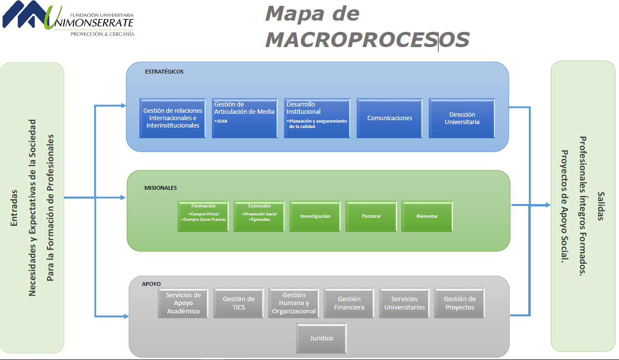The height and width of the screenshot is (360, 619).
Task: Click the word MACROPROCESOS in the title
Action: (x=367, y=40)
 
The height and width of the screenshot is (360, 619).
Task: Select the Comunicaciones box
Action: (x=389, y=118)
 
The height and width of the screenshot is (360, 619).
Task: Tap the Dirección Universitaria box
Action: (x=462, y=118)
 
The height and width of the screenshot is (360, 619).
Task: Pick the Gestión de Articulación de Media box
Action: (x=244, y=118)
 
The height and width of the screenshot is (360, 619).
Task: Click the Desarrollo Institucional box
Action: (x=317, y=118)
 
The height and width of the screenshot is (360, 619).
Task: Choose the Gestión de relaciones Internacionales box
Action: (x=173, y=118)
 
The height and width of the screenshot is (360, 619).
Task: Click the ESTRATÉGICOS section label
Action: (x=164, y=72)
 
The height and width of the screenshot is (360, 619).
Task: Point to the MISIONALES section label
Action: (x=160, y=188)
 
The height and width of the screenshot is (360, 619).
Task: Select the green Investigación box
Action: (x=315, y=216)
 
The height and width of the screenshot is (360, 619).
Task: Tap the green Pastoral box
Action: (x=371, y=216)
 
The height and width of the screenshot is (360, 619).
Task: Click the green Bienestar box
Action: (x=427, y=216)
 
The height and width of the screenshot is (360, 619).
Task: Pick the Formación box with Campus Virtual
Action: (x=203, y=216)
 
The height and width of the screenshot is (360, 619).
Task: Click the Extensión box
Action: (x=259, y=216)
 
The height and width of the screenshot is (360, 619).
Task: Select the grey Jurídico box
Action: (x=321, y=338)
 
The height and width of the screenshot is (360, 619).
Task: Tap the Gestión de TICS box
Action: (x=238, y=303)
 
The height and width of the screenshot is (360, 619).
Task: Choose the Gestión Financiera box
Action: (x=349, y=303)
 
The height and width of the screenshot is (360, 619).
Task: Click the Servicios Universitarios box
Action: (x=404, y=303)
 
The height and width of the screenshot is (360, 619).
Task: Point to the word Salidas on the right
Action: (x=601, y=206)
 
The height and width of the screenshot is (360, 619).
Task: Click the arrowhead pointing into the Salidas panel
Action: (x=548, y=205)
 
